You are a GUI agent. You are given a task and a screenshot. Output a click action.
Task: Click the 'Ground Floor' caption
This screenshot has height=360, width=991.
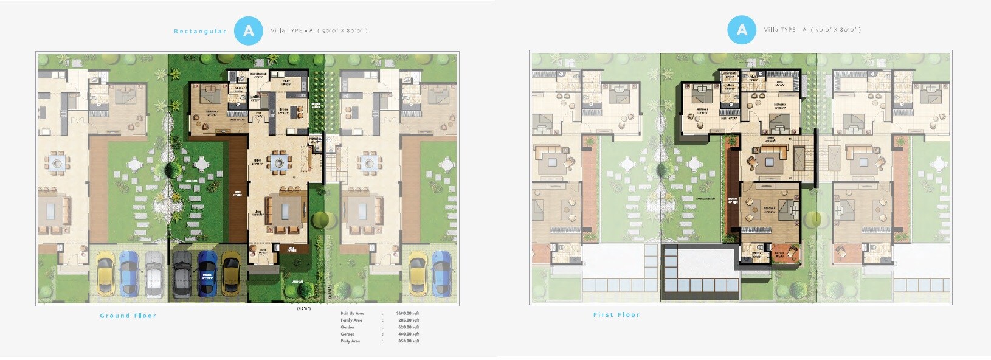click(x=128, y=316)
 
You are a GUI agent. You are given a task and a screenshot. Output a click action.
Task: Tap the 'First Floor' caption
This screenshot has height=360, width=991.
click(x=616, y=314)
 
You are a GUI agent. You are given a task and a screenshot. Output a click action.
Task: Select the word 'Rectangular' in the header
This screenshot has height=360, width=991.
click(x=200, y=31)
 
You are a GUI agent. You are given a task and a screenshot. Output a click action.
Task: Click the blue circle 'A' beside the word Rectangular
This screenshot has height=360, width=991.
click(x=248, y=30)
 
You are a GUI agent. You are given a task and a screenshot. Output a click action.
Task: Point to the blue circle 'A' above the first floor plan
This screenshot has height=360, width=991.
click(x=742, y=30)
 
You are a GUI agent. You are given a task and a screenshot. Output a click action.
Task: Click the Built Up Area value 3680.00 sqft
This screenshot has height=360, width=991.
click(x=407, y=313)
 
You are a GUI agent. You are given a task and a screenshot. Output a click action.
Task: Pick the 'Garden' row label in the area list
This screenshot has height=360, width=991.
click(x=347, y=327)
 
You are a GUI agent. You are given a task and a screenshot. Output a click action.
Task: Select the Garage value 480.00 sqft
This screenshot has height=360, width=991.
click(x=407, y=334)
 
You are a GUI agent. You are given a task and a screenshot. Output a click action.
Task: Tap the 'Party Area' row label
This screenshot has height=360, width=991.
click(x=350, y=341)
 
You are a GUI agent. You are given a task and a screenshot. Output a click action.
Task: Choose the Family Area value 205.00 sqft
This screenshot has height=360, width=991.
click(x=407, y=320)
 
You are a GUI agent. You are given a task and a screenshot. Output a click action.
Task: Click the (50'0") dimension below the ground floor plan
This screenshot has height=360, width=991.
click(x=304, y=308)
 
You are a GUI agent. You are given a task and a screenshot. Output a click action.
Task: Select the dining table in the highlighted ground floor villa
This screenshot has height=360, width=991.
click(x=279, y=162)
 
